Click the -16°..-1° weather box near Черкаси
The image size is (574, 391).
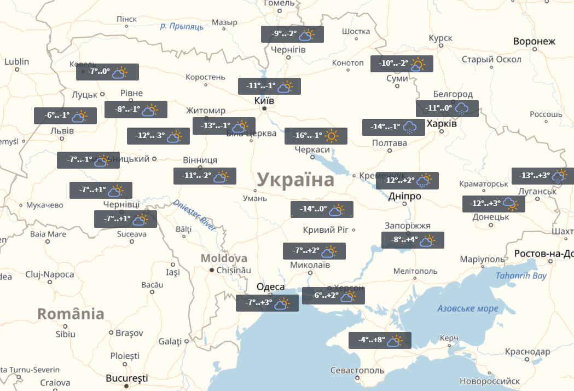coord(316,136)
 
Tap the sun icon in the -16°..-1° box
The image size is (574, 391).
coord(332,136)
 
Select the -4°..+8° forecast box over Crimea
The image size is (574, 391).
coord(380,341)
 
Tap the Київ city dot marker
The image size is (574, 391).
coord(264,109)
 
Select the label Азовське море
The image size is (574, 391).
coord(468,308)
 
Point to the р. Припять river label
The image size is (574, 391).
coord(182,26)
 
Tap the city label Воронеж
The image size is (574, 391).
coord(534,42)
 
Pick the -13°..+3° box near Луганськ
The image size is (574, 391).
coord(542,176)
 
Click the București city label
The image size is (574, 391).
coord(127,378)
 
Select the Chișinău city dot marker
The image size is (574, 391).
coord(212,270)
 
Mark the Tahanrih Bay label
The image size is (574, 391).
coord(521,275)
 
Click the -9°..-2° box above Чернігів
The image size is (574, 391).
coord(292,34)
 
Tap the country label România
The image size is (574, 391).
coord(71,314)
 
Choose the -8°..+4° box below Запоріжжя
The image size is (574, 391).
coord(413,240)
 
